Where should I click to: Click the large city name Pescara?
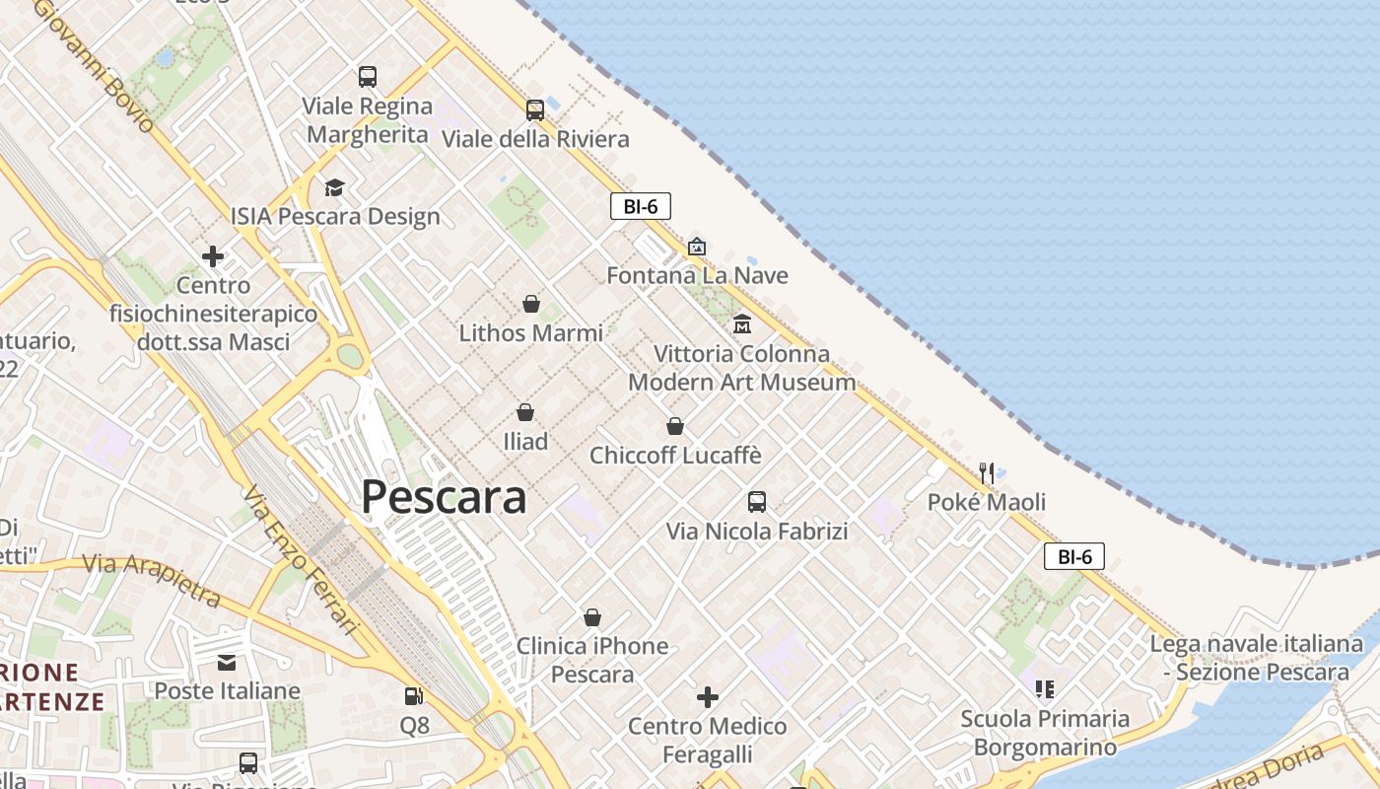444,497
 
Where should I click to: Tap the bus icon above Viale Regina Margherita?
368,76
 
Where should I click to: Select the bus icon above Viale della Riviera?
535,109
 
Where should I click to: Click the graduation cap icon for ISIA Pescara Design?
335,187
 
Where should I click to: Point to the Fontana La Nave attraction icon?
697,246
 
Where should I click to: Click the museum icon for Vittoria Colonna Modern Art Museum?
742,323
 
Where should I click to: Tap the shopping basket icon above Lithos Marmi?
531,303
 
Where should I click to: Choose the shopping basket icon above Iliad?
525,411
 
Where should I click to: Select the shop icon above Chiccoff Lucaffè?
675,426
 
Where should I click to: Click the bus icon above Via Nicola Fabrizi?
757,501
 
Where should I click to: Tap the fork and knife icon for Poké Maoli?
987,472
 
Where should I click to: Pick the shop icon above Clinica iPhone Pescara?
592,617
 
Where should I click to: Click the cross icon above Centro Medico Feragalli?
708,697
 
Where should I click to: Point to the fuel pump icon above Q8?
414,696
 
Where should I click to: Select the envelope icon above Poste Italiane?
227,662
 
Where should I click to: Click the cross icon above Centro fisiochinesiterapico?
213,257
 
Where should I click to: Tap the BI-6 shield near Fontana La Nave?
641,206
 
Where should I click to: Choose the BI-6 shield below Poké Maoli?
1074,556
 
